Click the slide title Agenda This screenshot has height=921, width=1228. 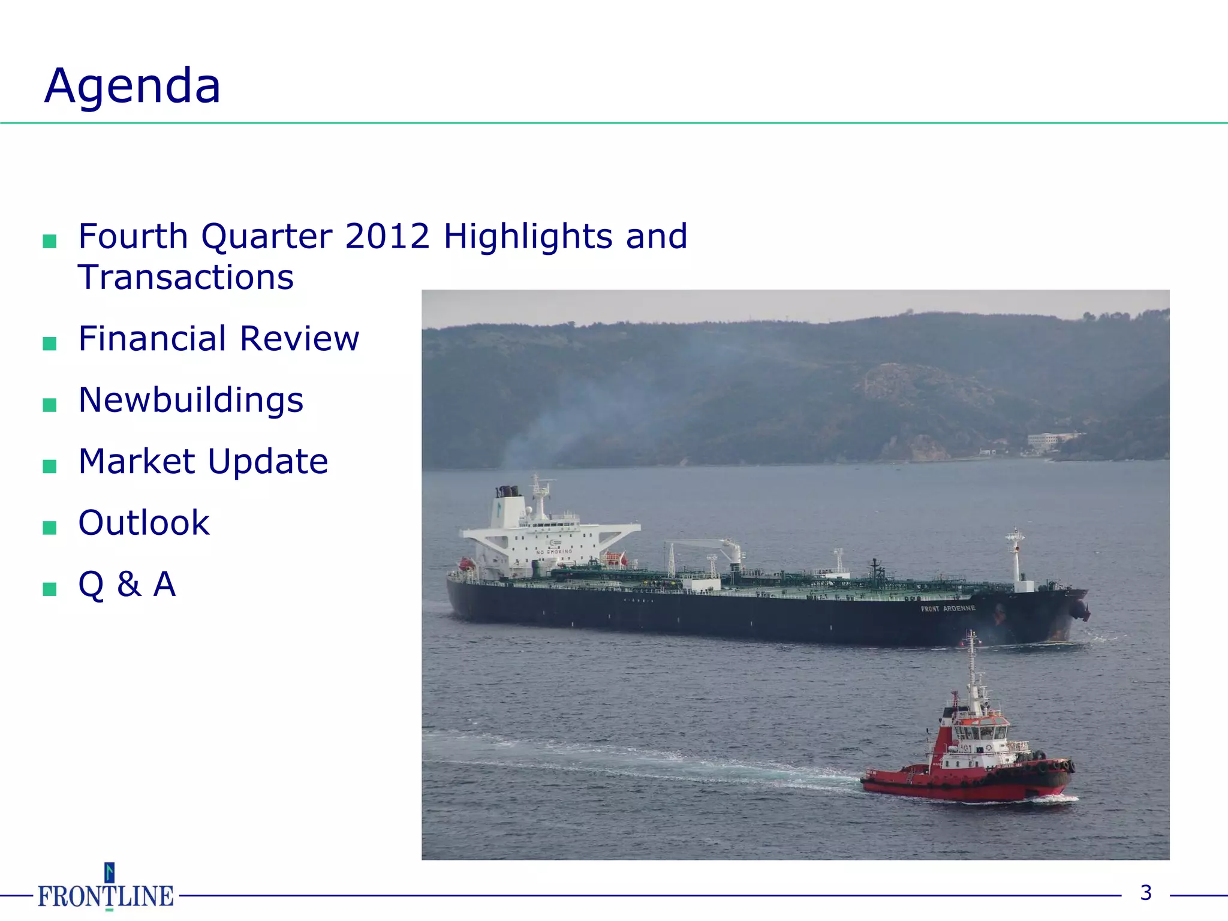tap(133, 86)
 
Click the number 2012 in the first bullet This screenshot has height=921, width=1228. tap(387, 236)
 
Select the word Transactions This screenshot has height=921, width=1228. tap(186, 278)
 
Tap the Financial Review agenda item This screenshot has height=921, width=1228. tap(218, 339)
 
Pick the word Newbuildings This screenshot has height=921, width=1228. tap(191, 400)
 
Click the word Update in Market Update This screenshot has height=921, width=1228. tap(268, 462)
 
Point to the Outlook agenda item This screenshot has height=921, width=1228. tap(144, 523)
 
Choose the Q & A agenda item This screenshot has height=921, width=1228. tap(127, 584)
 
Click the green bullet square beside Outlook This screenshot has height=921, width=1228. tap(50, 528)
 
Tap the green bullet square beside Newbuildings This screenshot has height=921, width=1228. tap(50, 405)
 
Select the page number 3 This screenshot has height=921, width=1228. tap(1146, 893)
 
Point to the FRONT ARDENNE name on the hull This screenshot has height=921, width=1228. tap(948, 609)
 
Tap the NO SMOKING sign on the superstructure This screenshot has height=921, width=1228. tap(554, 552)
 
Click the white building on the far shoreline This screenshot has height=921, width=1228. tap(1047, 440)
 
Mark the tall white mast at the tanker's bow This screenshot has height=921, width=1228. tap(1015, 558)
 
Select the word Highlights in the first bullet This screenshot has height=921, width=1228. tap(528, 236)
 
